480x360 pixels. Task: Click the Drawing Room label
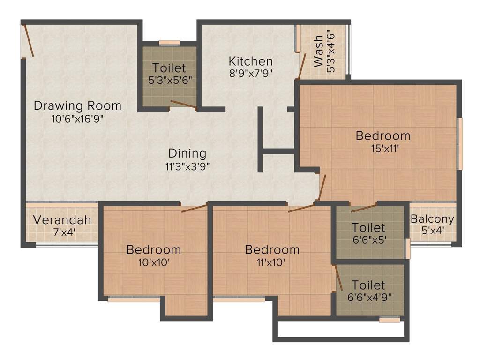[x=77, y=105]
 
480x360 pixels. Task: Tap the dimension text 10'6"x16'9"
[x=77, y=119]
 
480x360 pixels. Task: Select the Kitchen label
[x=251, y=61]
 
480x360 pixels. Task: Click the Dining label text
[x=187, y=153]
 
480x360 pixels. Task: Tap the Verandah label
[x=62, y=220]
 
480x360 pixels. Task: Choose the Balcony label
[x=432, y=219]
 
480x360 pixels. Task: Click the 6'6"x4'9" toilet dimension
[x=368, y=297]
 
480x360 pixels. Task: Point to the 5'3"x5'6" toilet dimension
[x=169, y=80]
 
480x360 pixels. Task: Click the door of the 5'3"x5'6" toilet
[x=183, y=105]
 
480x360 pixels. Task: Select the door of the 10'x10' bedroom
[x=194, y=208]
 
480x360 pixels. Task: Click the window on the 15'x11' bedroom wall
[x=460, y=143]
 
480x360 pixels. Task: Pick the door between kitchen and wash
[x=302, y=66]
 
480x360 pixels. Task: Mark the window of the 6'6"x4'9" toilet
[x=390, y=320]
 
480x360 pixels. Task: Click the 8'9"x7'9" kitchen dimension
[x=251, y=73]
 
